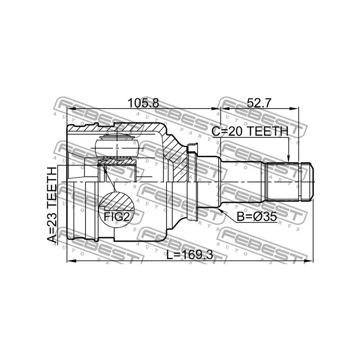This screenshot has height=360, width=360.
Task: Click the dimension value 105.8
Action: tap(143, 103)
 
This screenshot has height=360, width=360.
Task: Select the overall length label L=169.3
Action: tap(190, 254)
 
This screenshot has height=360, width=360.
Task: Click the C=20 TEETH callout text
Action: tap(250, 131)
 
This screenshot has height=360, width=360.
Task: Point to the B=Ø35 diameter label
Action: tap(256, 216)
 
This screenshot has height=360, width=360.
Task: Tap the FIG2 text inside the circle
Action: tap(117, 216)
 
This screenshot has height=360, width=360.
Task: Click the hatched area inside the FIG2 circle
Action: tap(117, 201)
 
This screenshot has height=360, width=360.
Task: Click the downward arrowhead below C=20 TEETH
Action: tap(289, 158)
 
